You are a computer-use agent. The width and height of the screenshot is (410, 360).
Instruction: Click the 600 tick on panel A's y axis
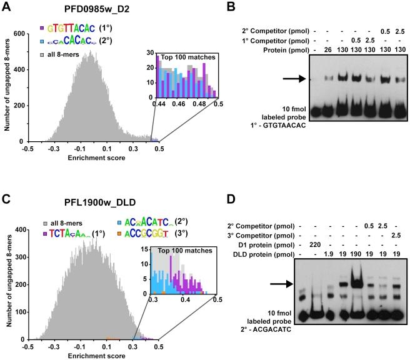[x=18, y=34]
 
